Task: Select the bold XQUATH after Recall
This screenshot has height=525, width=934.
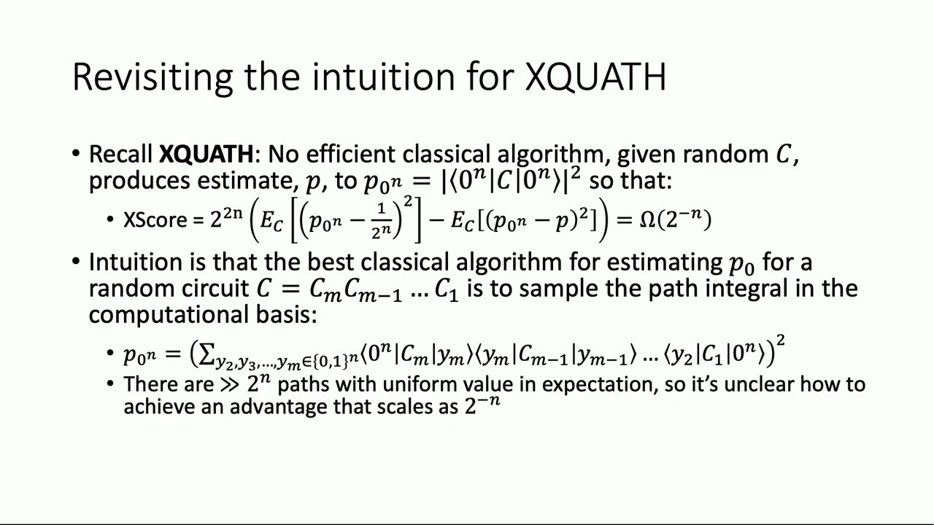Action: [206, 155]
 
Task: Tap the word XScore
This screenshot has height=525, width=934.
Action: [155, 220]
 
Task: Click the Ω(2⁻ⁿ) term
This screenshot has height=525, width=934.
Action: [675, 219]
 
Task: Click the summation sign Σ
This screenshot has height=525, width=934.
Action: [206, 354]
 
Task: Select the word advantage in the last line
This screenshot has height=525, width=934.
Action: [279, 406]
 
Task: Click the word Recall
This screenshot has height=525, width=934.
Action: [121, 155]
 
